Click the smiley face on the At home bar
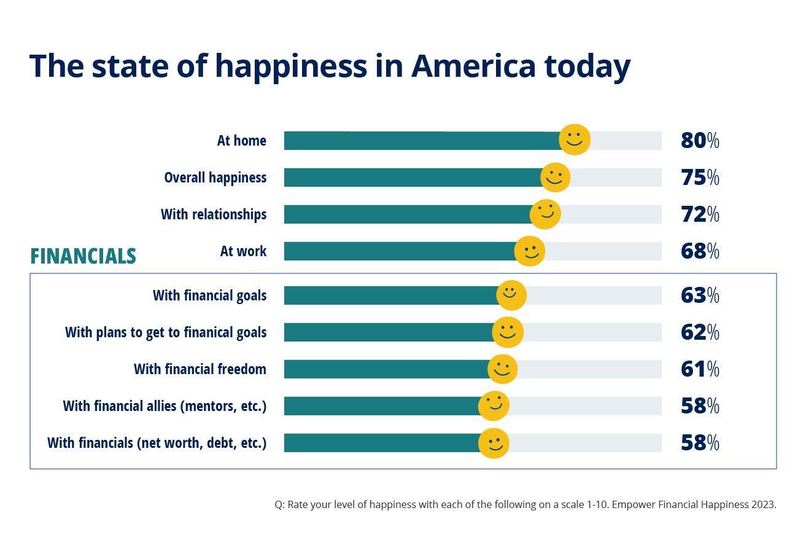coord(575,139)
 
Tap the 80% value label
coord(699,141)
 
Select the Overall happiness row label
coord(215,178)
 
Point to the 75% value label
coord(699,178)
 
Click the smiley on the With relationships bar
coord(545,214)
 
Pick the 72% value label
coord(699,214)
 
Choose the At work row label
coord(243,251)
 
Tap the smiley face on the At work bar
coord(529,251)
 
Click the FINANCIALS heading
coord(83,256)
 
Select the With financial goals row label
coord(209,295)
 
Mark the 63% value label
coord(699,295)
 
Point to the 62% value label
coord(699,332)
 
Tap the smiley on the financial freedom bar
coord(502,369)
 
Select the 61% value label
coord(699,369)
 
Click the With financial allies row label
coord(165,406)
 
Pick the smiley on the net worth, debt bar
coord(494,443)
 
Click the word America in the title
coord(473,66)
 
